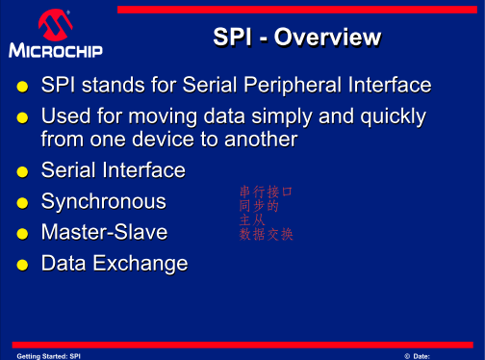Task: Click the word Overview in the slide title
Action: coord(328,39)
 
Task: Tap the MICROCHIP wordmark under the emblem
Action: coord(56,50)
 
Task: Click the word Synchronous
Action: coord(103,201)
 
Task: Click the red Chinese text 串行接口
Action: coord(266,193)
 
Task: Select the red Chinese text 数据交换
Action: coord(266,234)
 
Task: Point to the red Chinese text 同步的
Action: coord(259,206)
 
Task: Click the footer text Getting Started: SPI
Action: coord(48,355)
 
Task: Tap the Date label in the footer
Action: coord(424,355)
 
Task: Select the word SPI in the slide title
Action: coord(232,39)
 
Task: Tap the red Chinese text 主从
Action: coord(252,220)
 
